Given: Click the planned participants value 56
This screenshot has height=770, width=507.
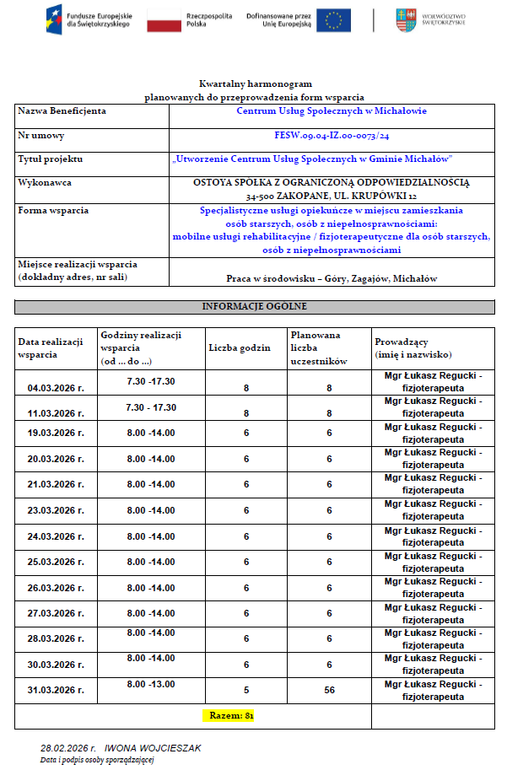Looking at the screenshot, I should tap(329, 690).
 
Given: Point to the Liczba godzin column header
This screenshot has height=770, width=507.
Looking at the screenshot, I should tap(240, 347).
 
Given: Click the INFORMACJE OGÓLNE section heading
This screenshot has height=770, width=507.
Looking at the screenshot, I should tap(254, 306).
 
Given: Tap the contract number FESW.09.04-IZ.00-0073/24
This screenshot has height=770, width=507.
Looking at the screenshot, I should tap(332, 135).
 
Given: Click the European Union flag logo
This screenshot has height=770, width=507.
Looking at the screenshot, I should tap(335, 20).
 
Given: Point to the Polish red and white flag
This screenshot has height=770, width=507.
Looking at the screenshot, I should tap(163, 20).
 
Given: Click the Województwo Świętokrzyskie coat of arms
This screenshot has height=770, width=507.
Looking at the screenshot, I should tap(406, 20).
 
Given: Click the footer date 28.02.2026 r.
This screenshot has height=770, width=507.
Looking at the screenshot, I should tap(69, 748).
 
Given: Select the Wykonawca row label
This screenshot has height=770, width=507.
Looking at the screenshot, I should tap(45, 182).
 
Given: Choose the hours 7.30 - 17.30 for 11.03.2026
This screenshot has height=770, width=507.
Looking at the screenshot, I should tap(151, 407).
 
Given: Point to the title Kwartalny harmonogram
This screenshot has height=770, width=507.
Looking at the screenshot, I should tap(255, 84).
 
